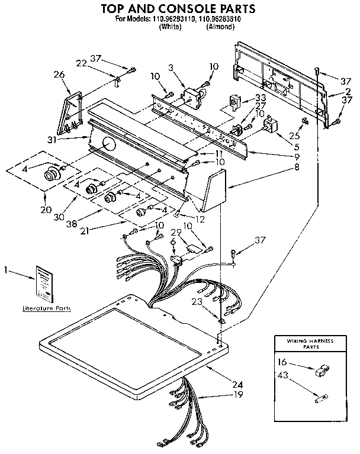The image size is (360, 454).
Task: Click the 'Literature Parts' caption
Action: point(46,308)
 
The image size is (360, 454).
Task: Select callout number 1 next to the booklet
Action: point(5,271)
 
